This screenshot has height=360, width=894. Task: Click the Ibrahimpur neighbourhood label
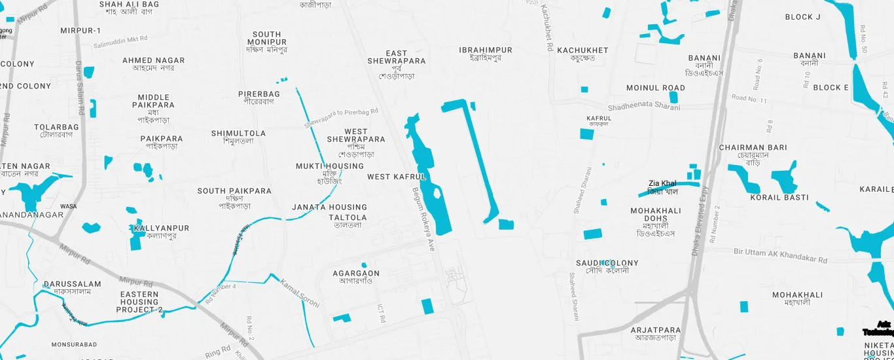[x=486, y=54]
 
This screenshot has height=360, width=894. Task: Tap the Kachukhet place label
[x=582, y=54]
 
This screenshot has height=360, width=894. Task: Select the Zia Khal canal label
[x=662, y=187]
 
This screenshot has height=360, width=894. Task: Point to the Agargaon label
[x=356, y=277]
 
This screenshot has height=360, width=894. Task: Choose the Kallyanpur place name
[x=160, y=232]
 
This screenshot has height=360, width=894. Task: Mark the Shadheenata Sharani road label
[x=644, y=107]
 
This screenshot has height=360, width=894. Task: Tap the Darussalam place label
[x=72, y=287]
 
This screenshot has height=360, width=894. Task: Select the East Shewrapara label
[x=397, y=64]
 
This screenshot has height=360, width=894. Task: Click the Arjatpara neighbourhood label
[x=655, y=334]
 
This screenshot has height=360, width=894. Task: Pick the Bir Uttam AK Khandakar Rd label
[x=780, y=256]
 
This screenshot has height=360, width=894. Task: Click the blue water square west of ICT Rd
[x=342, y=318]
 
